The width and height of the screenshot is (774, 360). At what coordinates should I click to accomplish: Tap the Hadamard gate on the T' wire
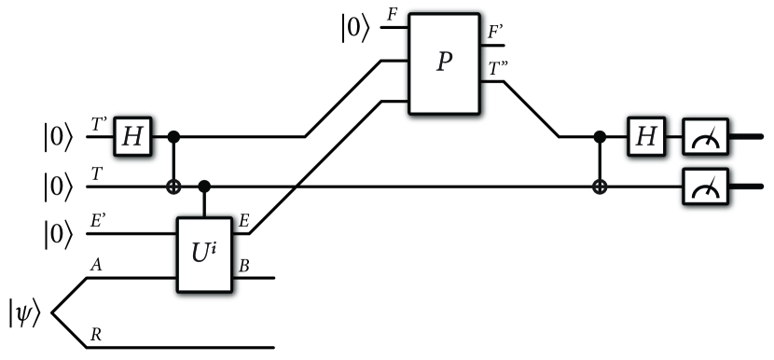[x=133, y=137]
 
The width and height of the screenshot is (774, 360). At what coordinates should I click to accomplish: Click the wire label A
[x=96, y=264]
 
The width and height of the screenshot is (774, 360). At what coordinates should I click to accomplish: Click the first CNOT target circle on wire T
[x=173, y=187]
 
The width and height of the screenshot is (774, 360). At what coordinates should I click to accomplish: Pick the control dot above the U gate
[x=206, y=187]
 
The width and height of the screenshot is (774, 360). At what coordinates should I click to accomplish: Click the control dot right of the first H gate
[x=173, y=137]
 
